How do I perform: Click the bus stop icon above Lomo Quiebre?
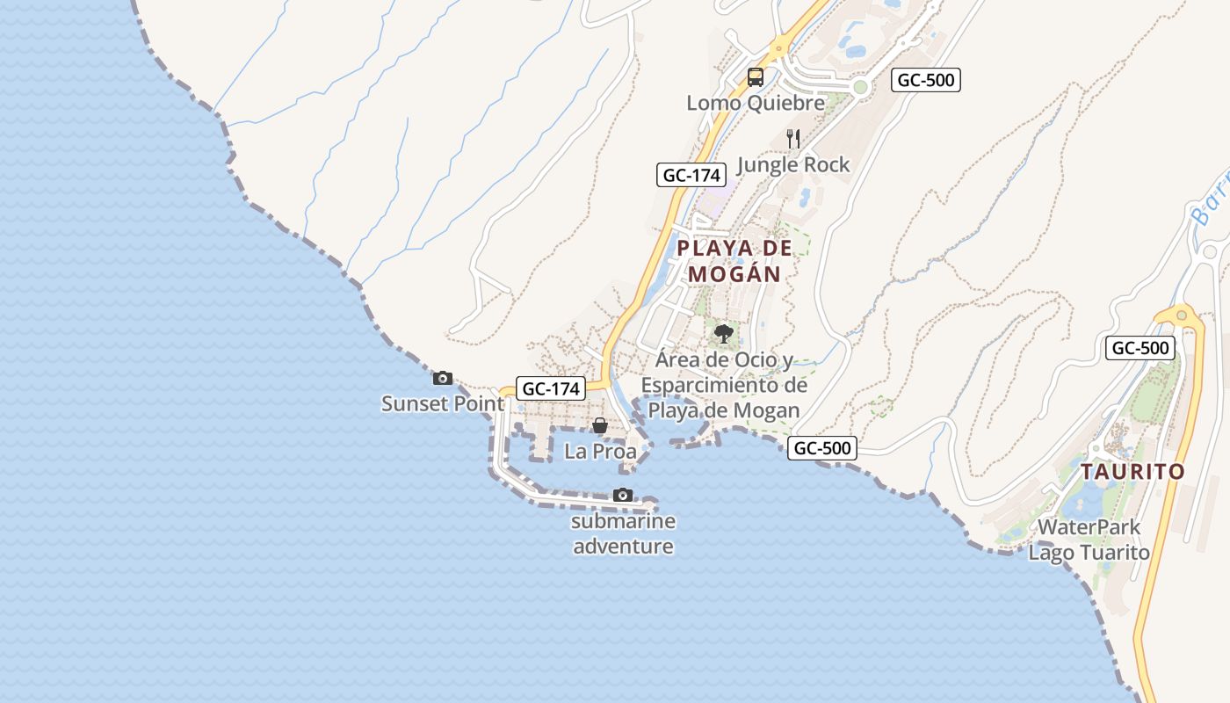click(x=756, y=77)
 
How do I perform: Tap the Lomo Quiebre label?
click(x=756, y=103)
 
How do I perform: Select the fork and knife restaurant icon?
click(x=793, y=139)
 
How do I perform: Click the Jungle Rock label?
click(x=793, y=164)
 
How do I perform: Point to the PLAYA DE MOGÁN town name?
click(x=734, y=261)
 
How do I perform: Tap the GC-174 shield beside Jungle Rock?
click(x=691, y=175)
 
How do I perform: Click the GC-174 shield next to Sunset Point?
click(x=551, y=388)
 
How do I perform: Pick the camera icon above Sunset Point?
click(x=443, y=379)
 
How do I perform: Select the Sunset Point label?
click(x=443, y=404)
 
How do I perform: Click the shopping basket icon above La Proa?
click(x=600, y=426)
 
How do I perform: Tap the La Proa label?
click(x=600, y=452)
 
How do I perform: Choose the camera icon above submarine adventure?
click(x=623, y=496)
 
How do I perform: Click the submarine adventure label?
click(x=623, y=533)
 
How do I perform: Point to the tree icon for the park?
click(x=724, y=334)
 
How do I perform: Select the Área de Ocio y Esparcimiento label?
click(x=724, y=385)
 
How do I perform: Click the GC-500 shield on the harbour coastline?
click(x=821, y=448)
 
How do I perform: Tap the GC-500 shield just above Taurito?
click(x=1140, y=348)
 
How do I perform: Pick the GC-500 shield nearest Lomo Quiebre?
click(x=926, y=80)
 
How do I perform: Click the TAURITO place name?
click(x=1132, y=472)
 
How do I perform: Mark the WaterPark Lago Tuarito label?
click(x=1089, y=540)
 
